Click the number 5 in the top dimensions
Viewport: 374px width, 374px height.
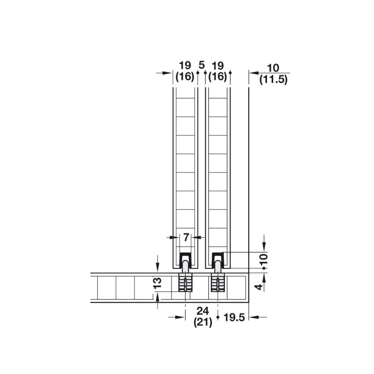click(201, 65)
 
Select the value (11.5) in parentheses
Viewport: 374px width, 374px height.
click(273, 79)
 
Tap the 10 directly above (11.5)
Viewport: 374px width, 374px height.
click(273, 68)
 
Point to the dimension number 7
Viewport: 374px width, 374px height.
click(186, 237)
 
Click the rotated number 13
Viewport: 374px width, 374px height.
click(158, 283)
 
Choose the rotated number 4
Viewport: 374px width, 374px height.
click(259, 287)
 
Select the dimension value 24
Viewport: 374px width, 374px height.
click(203, 311)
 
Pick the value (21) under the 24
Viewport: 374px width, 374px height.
click(203, 323)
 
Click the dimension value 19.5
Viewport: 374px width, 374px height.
click(234, 317)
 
